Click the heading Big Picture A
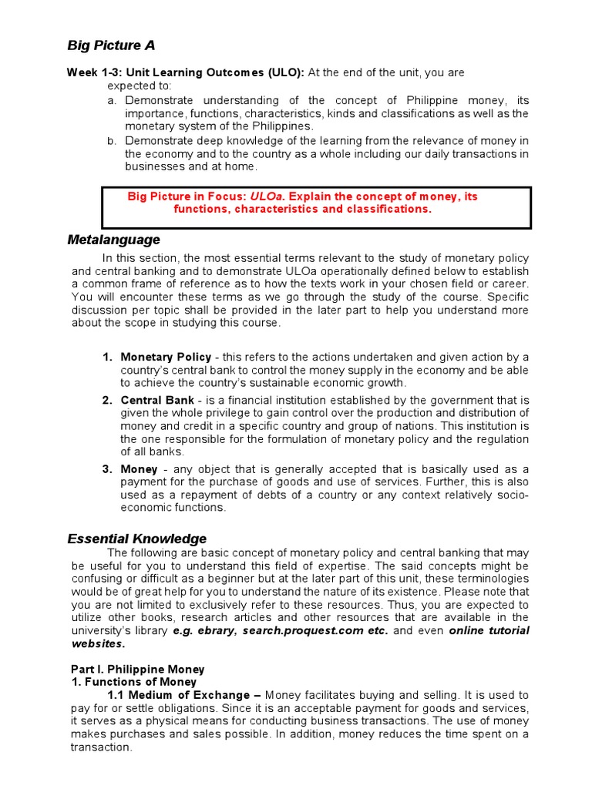tap(111, 45)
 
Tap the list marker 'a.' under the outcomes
tap(112, 101)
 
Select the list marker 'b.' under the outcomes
tap(112, 141)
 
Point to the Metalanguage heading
tap(114, 240)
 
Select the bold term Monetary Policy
tap(166, 357)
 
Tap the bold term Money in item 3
tap(139, 469)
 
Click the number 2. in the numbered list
tap(107, 401)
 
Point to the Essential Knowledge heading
tap(137, 539)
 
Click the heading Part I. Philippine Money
tap(138, 669)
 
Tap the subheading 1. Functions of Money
tap(134, 682)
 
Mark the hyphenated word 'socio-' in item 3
tap(513, 495)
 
